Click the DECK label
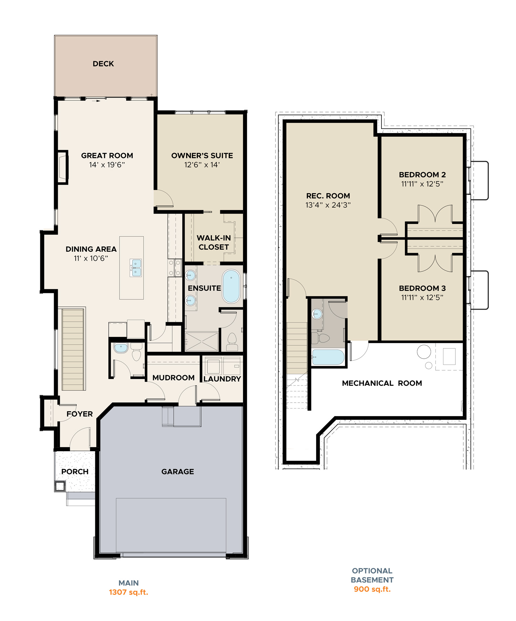tap(103, 64)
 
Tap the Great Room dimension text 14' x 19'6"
tap(107, 165)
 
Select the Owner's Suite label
tap(202, 155)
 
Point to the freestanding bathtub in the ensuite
tap(231, 286)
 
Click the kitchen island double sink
tap(136, 268)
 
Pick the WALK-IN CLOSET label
tap(214, 242)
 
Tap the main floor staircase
tap(73, 349)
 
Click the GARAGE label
tap(178, 471)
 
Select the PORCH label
tap(75, 471)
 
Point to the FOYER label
tap(80, 414)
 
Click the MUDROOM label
tap(173, 378)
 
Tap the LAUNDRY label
tap(222, 379)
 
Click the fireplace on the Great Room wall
tap(63, 167)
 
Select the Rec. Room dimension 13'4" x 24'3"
tap(328, 205)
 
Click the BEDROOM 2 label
tap(422, 175)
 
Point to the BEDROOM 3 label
tap(422, 288)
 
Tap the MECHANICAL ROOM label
tap(382, 383)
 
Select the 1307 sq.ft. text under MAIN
tap(129, 592)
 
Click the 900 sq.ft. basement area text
tap(372, 589)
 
